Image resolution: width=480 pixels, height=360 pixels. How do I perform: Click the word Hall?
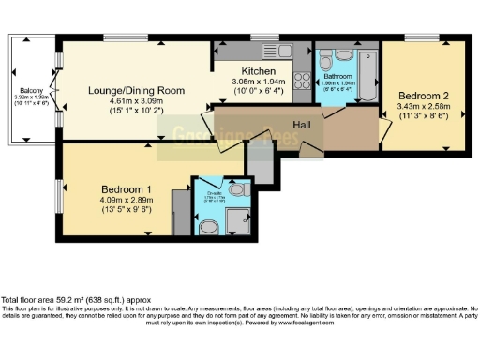pyautogui.click(x=302, y=124)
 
